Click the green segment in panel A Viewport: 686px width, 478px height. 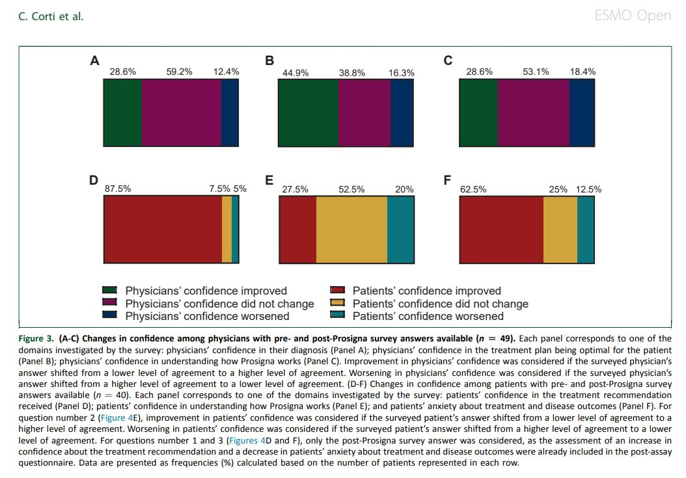click(x=122, y=113)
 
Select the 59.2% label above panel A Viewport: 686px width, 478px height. click(x=179, y=72)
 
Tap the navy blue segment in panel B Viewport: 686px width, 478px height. click(x=402, y=114)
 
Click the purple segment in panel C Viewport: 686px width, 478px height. click(x=534, y=113)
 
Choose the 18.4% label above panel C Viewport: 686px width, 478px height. click(x=583, y=72)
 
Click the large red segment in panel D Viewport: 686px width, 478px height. click(x=163, y=230)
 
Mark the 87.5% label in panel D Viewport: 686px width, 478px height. click(x=118, y=189)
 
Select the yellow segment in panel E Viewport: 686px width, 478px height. click(x=351, y=230)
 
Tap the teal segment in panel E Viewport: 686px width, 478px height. click(x=400, y=230)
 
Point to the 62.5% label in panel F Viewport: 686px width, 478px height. click(x=473, y=189)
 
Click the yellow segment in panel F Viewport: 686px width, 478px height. click(x=560, y=230)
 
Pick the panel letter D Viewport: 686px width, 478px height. click(x=94, y=180)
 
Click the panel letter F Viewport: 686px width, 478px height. click(x=447, y=180)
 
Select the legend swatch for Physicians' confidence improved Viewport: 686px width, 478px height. click(x=109, y=291)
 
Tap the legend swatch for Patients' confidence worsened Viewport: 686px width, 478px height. click(x=337, y=316)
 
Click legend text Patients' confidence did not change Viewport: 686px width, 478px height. click(x=440, y=304)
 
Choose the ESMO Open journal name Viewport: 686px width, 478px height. click(x=633, y=16)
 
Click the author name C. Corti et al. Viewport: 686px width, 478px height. click(x=51, y=16)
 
